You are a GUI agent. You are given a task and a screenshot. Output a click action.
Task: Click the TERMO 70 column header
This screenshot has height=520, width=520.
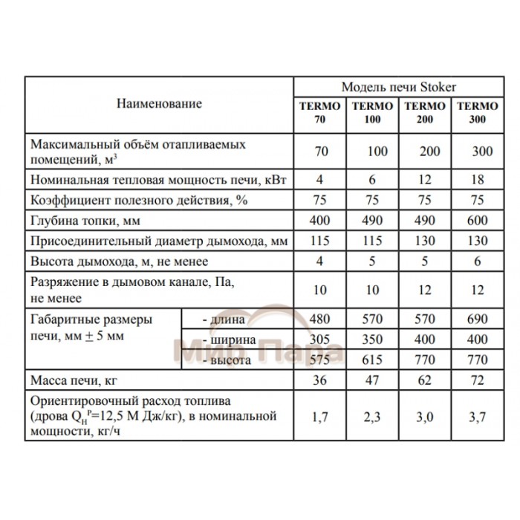[x=319, y=112]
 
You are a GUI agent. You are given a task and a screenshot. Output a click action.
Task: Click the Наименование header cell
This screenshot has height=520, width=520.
[x=159, y=103]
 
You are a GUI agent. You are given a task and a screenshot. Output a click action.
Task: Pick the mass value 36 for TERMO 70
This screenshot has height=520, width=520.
[x=320, y=382]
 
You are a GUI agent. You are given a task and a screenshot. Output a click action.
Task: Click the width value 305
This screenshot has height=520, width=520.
[x=320, y=340]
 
